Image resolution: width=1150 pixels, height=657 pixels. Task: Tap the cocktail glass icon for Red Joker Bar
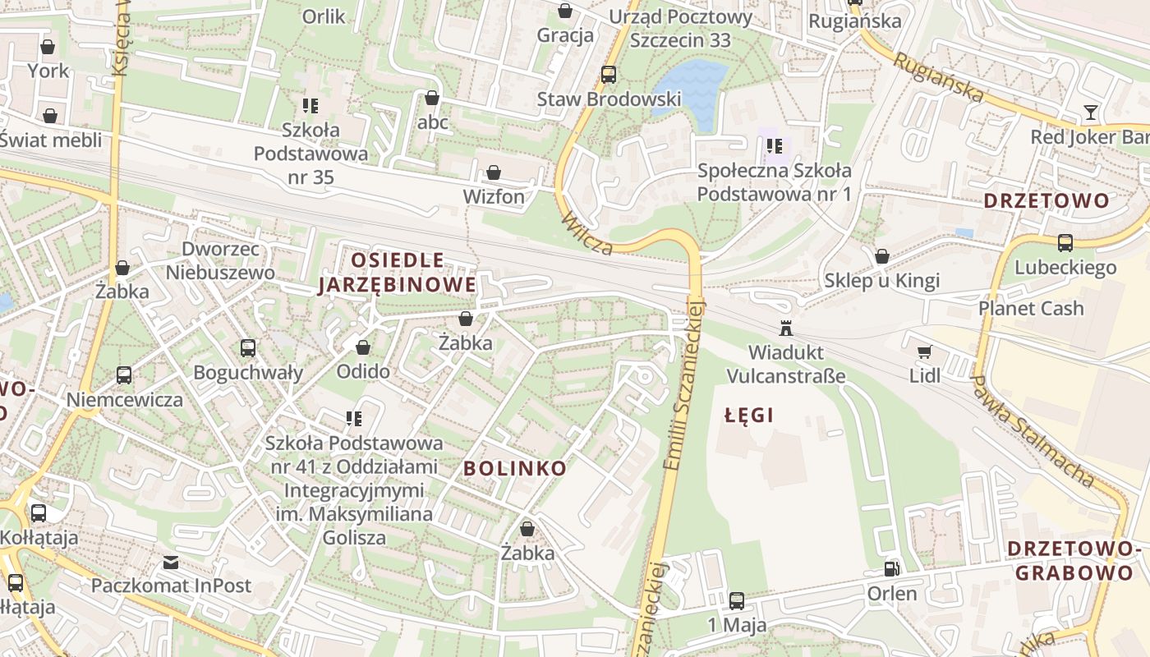point(1090,113)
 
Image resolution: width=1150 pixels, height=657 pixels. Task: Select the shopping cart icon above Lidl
point(924,352)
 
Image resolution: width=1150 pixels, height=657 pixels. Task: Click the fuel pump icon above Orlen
point(891,569)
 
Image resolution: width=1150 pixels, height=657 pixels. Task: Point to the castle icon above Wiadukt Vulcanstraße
point(786,328)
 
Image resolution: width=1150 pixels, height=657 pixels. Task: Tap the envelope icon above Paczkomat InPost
point(171,563)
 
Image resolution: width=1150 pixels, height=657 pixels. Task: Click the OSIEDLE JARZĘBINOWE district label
point(397,273)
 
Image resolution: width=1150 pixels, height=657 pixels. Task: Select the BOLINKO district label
point(515,469)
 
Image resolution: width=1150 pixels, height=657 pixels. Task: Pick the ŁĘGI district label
point(749,416)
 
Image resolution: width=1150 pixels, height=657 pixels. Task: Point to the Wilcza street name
point(588,233)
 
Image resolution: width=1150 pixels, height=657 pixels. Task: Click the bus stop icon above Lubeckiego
point(1065,243)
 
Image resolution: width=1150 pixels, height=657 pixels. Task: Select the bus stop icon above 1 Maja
point(737,601)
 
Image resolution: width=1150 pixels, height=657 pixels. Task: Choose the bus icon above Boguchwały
point(248,348)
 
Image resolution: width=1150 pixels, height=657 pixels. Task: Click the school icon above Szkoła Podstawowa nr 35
point(310,106)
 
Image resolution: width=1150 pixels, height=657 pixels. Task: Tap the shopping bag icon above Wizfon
point(494,173)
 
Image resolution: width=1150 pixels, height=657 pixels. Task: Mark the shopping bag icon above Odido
point(363,348)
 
